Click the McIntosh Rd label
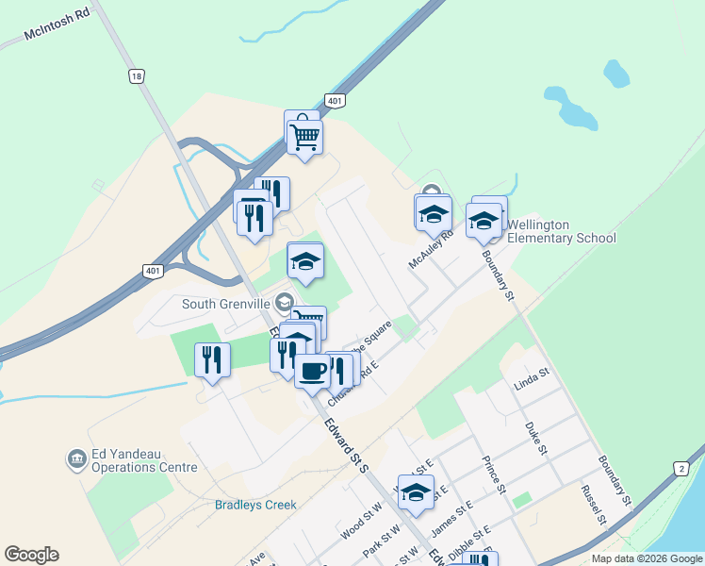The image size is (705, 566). coord(56,35)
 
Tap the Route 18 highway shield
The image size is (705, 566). coord(138,76)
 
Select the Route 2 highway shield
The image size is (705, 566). coord(680,468)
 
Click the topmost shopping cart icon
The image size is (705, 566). coord(303,138)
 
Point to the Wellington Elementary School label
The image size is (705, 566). coord(561,231)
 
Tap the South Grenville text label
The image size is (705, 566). coord(227,303)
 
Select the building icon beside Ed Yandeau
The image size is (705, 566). coord(75,459)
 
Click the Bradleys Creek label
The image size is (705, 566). coord(255,505)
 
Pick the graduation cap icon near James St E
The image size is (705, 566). coord(416,492)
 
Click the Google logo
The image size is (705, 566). coord(31,555)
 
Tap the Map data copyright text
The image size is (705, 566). coord(646,558)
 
